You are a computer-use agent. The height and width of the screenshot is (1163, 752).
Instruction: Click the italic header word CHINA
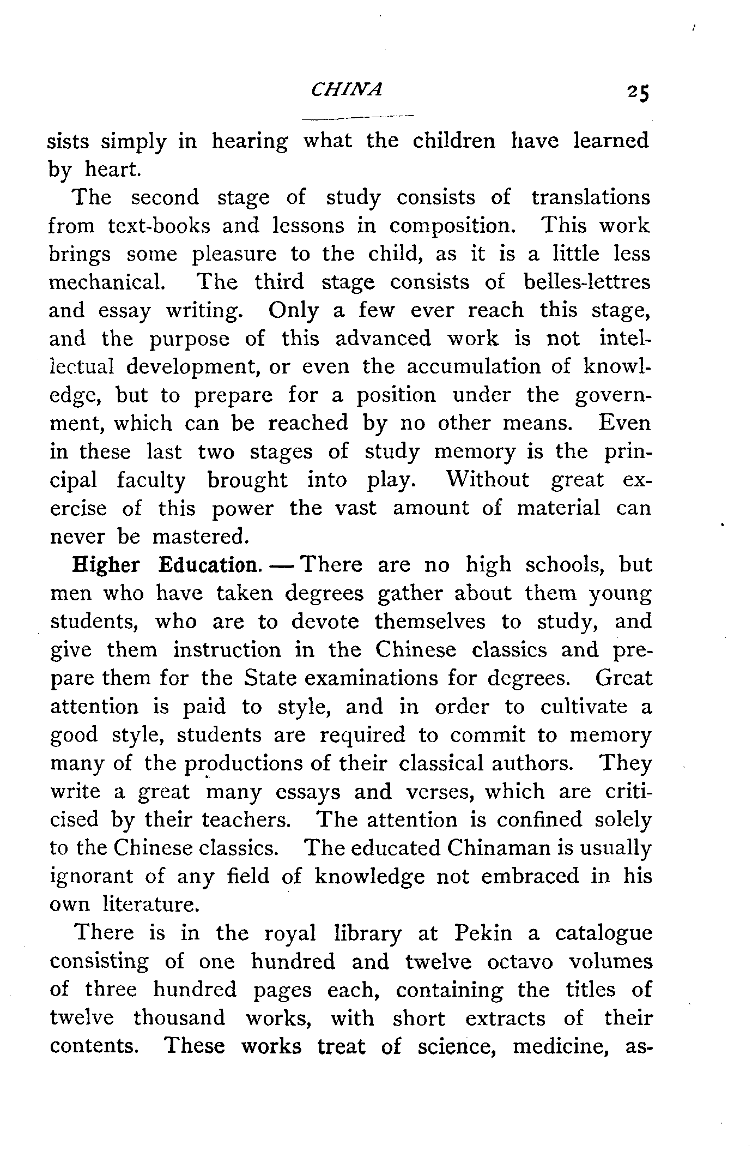[x=347, y=89]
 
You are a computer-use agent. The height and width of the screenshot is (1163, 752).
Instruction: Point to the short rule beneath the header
[x=358, y=117]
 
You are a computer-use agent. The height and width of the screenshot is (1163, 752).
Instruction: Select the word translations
[x=591, y=197]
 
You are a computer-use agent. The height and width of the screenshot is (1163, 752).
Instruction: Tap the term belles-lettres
[x=587, y=282]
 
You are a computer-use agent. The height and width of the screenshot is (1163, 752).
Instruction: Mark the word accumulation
[x=473, y=367]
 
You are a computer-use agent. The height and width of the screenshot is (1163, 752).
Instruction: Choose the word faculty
[x=151, y=480]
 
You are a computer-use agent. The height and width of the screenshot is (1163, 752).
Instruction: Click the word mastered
[x=201, y=537]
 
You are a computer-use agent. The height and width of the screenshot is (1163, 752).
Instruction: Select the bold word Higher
[x=106, y=565]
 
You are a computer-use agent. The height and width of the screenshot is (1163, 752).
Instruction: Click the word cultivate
[x=584, y=707]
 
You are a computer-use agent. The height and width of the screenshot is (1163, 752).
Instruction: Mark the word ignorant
[x=92, y=877]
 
